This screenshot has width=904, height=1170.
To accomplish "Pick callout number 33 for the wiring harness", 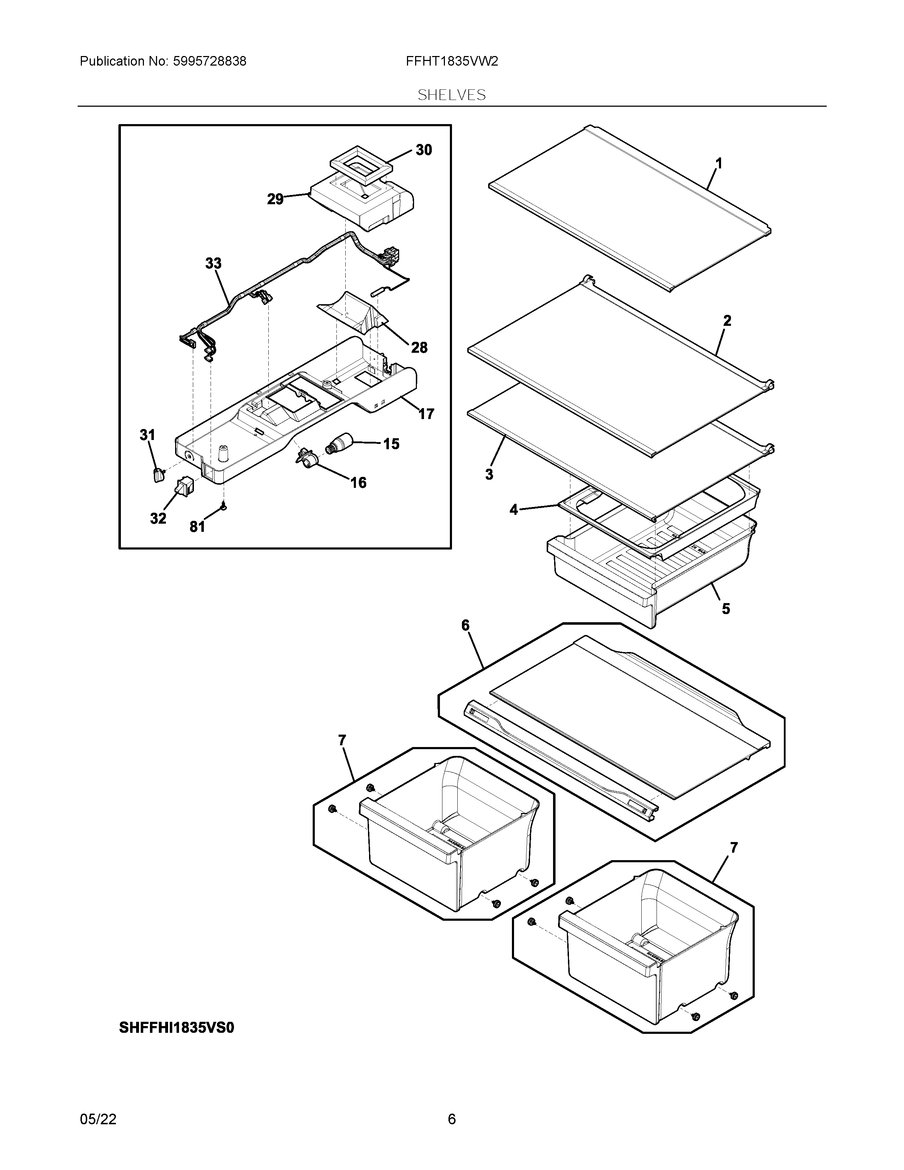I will [x=213, y=263].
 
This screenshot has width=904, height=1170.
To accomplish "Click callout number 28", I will [x=419, y=348].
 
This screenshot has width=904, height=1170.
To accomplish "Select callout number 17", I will [x=426, y=413].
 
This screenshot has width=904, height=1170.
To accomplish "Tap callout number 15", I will [x=391, y=444].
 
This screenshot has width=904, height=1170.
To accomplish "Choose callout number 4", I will [x=514, y=509].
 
